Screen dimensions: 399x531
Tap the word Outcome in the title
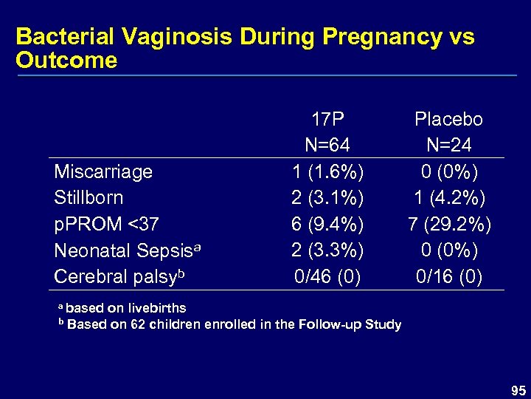(x=66, y=61)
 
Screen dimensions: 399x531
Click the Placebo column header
(x=448, y=119)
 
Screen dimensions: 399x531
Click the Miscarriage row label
(x=103, y=171)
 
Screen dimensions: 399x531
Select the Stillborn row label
(x=88, y=198)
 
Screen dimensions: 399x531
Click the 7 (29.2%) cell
(x=448, y=225)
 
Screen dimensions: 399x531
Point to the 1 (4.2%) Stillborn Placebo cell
(x=448, y=198)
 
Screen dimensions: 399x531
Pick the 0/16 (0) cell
(x=448, y=277)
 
